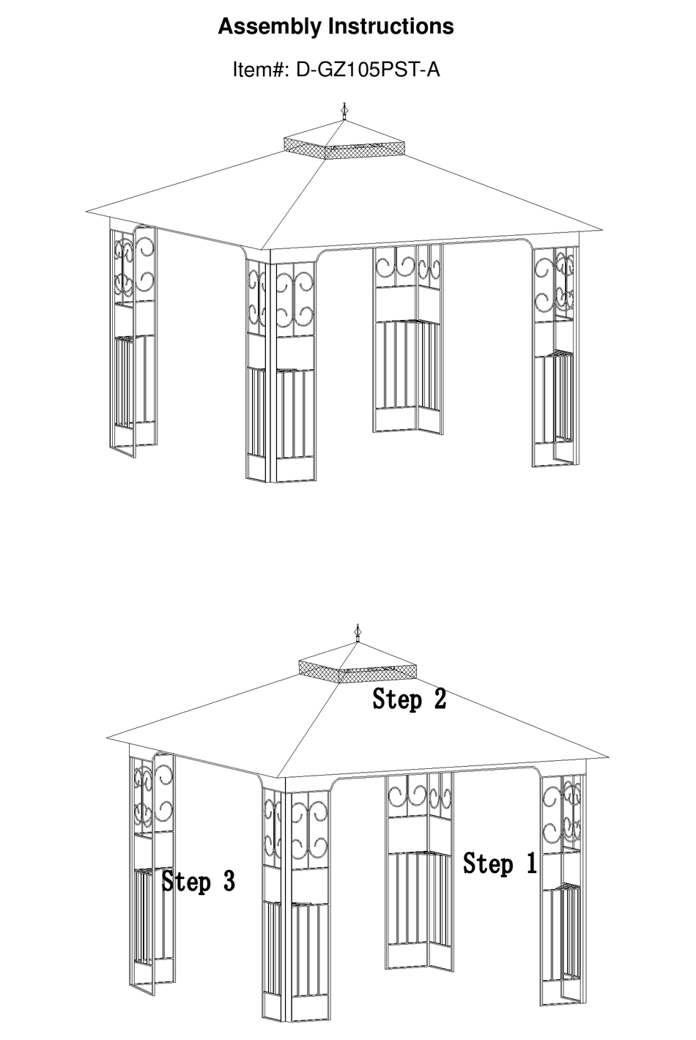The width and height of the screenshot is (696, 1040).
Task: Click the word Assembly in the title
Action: click(270, 27)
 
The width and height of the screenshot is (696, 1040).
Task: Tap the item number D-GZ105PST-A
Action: click(367, 70)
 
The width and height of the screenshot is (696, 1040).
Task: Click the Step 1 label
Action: click(500, 864)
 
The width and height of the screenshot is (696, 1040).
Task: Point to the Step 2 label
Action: click(409, 699)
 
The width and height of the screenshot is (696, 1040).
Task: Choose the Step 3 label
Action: click(199, 881)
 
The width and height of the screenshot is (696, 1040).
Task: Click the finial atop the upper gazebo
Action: click(344, 112)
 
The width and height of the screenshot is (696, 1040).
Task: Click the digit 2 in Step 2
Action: click(439, 699)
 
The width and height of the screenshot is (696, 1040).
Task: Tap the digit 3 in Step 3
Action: click(229, 881)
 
